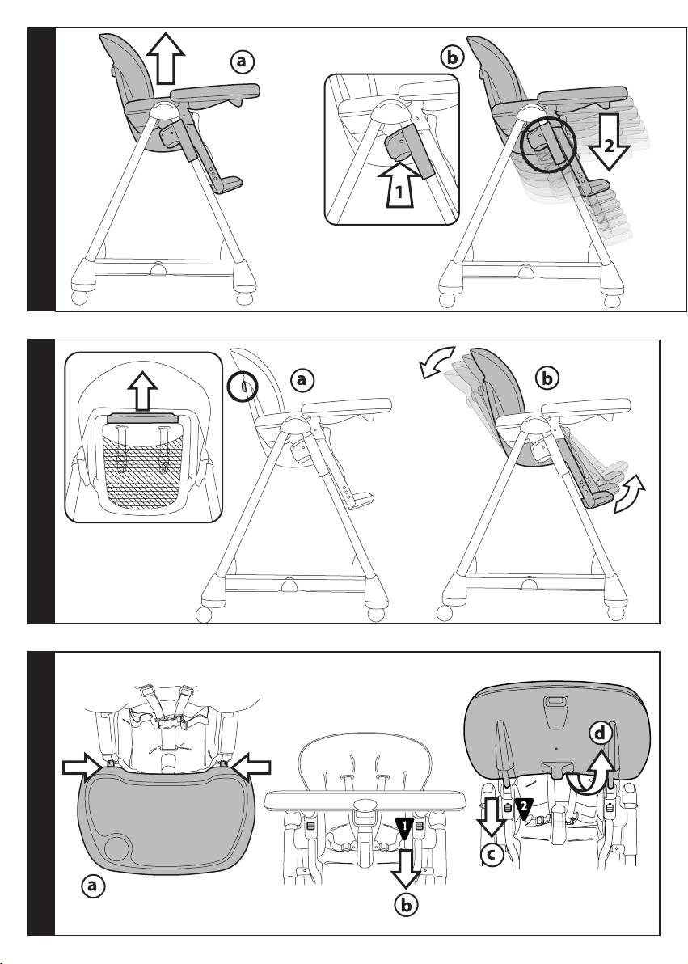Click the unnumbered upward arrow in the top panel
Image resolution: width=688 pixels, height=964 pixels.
[x=166, y=57]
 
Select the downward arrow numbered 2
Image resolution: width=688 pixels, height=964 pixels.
[x=607, y=142]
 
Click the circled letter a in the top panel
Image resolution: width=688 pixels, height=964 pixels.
[x=242, y=61]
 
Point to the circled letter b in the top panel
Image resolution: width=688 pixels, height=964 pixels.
[x=452, y=57]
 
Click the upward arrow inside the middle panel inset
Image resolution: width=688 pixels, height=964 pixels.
[x=142, y=391]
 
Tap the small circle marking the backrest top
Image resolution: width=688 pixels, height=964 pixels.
[x=243, y=387]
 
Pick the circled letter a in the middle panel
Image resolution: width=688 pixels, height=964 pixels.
[x=301, y=380]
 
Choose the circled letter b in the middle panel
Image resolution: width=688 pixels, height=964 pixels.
[x=547, y=378]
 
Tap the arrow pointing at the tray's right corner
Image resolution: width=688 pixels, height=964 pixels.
[x=249, y=767]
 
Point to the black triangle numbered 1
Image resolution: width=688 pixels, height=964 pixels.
[x=403, y=827]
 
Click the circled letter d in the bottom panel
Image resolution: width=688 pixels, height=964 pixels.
[x=600, y=734]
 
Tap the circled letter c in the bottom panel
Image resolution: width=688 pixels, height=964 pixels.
[x=492, y=855]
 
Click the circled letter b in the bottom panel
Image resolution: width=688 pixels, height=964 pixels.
[x=406, y=905]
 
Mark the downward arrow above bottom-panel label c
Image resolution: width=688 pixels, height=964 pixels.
[x=491, y=817]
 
